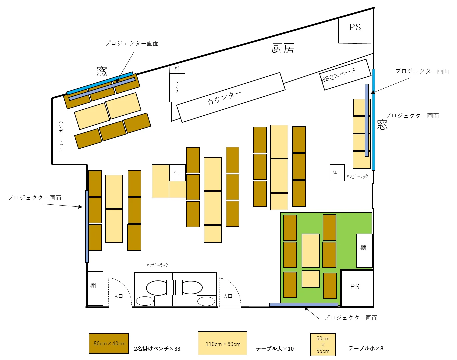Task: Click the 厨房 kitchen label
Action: click(x=283, y=49)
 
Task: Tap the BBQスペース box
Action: click(x=345, y=75)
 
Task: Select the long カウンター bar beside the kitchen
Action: click(x=231, y=97)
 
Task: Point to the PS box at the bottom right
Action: click(x=357, y=288)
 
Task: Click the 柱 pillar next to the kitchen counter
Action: click(x=177, y=68)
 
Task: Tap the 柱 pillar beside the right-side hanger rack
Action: click(x=337, y=172)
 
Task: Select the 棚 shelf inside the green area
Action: click(x=364, y=251)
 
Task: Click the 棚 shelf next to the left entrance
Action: click(x=95, y=288)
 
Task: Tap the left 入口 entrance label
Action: click(x=118, y=296)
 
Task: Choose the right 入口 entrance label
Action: click(x=228, y=296)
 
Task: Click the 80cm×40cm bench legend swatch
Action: click(x=109, y=343)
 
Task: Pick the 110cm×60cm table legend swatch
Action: click(x=222, y=343)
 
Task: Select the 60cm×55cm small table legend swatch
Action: click(x=323, y=344)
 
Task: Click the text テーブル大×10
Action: click(x=275, y=349)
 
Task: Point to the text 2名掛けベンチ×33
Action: click(x=157, y=349)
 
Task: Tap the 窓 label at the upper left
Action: click(x=102, y=71)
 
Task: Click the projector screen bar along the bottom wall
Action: click(x=303, y=305)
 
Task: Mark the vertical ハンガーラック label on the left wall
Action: click(x=61, y=136)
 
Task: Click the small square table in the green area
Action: click(x=310, y=279)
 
